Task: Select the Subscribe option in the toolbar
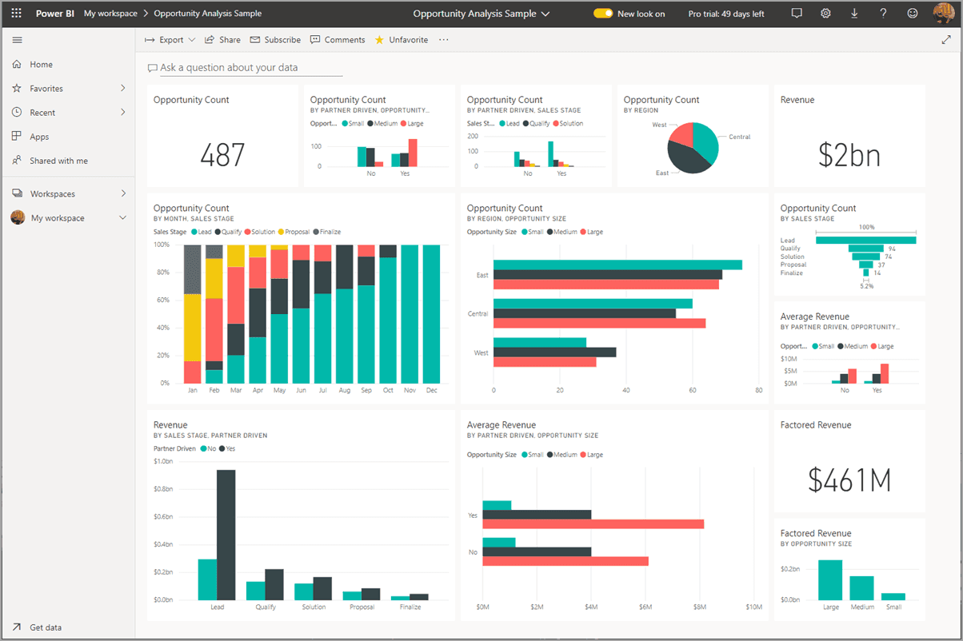point(275,40)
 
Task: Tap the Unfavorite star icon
point(379,40)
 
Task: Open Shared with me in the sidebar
point(58,161)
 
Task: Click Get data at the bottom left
point(46,627)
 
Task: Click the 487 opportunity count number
point(222,155)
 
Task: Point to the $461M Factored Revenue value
point(849,480)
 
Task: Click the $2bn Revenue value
point(849,155)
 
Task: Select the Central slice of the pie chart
point(704,140)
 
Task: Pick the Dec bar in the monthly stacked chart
point(431,314)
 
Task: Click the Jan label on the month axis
point(192,391)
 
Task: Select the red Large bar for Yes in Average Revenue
point(593,524)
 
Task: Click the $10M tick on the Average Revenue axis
point(753,607)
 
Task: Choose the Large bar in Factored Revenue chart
point(829,579)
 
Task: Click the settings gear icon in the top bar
point(825,14)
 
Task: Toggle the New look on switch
point(603,14)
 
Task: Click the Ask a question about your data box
point(245,68)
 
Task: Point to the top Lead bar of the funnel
point(865,240)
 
